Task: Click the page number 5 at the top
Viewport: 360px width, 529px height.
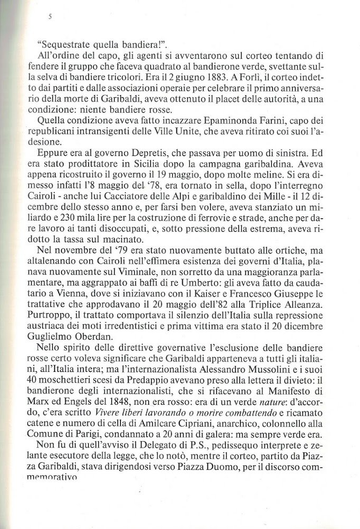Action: [x=49, y=17]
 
